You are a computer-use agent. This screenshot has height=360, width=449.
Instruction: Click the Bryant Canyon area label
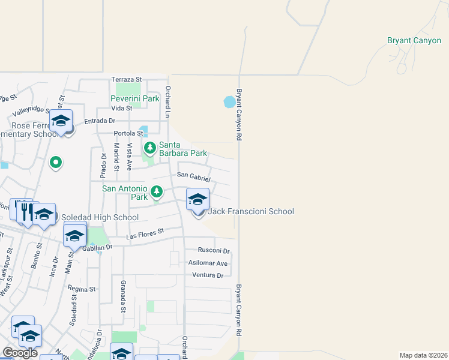(x=414, y=41)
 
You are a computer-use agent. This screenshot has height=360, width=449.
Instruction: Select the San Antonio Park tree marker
(x=157, y=191)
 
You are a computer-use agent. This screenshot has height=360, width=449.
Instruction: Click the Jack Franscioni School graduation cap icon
(x=197, y=199)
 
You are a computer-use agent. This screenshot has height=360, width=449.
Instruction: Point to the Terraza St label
(x=126, y=79)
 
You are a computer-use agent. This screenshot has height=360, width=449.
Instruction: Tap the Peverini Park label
(x=134, y=98)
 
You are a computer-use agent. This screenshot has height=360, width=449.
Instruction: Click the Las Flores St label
(x=145, y=234)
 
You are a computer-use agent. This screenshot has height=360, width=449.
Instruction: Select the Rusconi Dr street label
(x=214, y=251)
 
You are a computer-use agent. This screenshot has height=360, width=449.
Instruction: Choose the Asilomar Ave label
(x=208, y=263)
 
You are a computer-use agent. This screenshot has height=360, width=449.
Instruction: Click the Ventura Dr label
(x=208, y=275)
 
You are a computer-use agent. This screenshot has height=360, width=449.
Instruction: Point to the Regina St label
(x=83, y=289)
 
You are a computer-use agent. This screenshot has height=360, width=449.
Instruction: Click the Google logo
(x=20, y=353)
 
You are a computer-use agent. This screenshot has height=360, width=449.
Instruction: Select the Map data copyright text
(x=423, y=355)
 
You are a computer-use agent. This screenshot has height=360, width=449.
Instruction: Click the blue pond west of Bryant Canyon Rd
(x=229, y=102)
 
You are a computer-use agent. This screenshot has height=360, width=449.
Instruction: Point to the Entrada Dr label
(x=99, y=121)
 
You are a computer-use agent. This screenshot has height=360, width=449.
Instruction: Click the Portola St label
(x=126, y=134)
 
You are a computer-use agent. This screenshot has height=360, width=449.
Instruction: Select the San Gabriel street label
(x=193, y=176)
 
